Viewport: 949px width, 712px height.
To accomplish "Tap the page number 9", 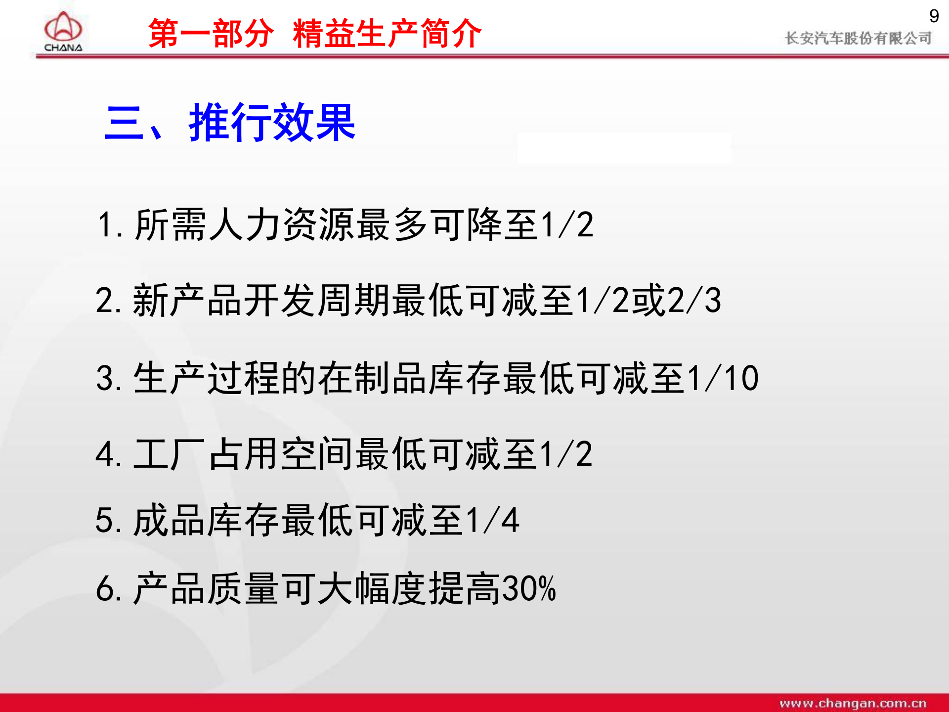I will [x=934, y=16].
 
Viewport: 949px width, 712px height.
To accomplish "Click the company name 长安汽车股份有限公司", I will [x=858, y=38].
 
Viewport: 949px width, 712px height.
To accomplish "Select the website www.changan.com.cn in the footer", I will [x=853, y=703].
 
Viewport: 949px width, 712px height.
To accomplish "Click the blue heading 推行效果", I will [x=272, y=123].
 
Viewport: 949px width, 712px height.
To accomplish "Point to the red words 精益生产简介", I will [x=387, y=34].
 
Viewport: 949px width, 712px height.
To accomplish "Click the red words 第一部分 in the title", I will [x=211, y=34].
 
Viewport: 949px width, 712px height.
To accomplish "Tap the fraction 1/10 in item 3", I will [x=723, y=378].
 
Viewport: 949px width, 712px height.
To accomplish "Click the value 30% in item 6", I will [x=529, y=588].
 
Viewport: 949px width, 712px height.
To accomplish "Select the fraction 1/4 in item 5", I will [x=492, y=520].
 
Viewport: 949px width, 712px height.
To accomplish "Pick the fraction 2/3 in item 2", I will [x=694, y=300].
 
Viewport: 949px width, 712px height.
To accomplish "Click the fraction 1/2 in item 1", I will [x=567, y=224].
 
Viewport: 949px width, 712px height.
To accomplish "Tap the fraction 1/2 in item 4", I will [x=566, y=454].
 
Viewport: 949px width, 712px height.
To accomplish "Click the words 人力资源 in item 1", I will [x=282, y=224].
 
